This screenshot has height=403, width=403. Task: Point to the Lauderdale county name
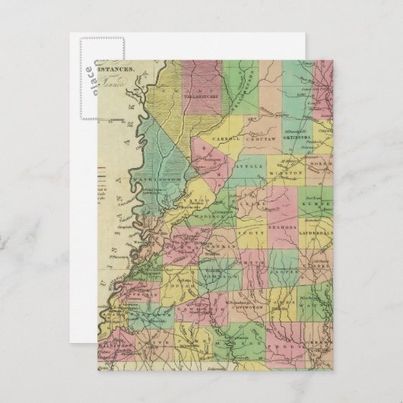[x=317, y=227]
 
